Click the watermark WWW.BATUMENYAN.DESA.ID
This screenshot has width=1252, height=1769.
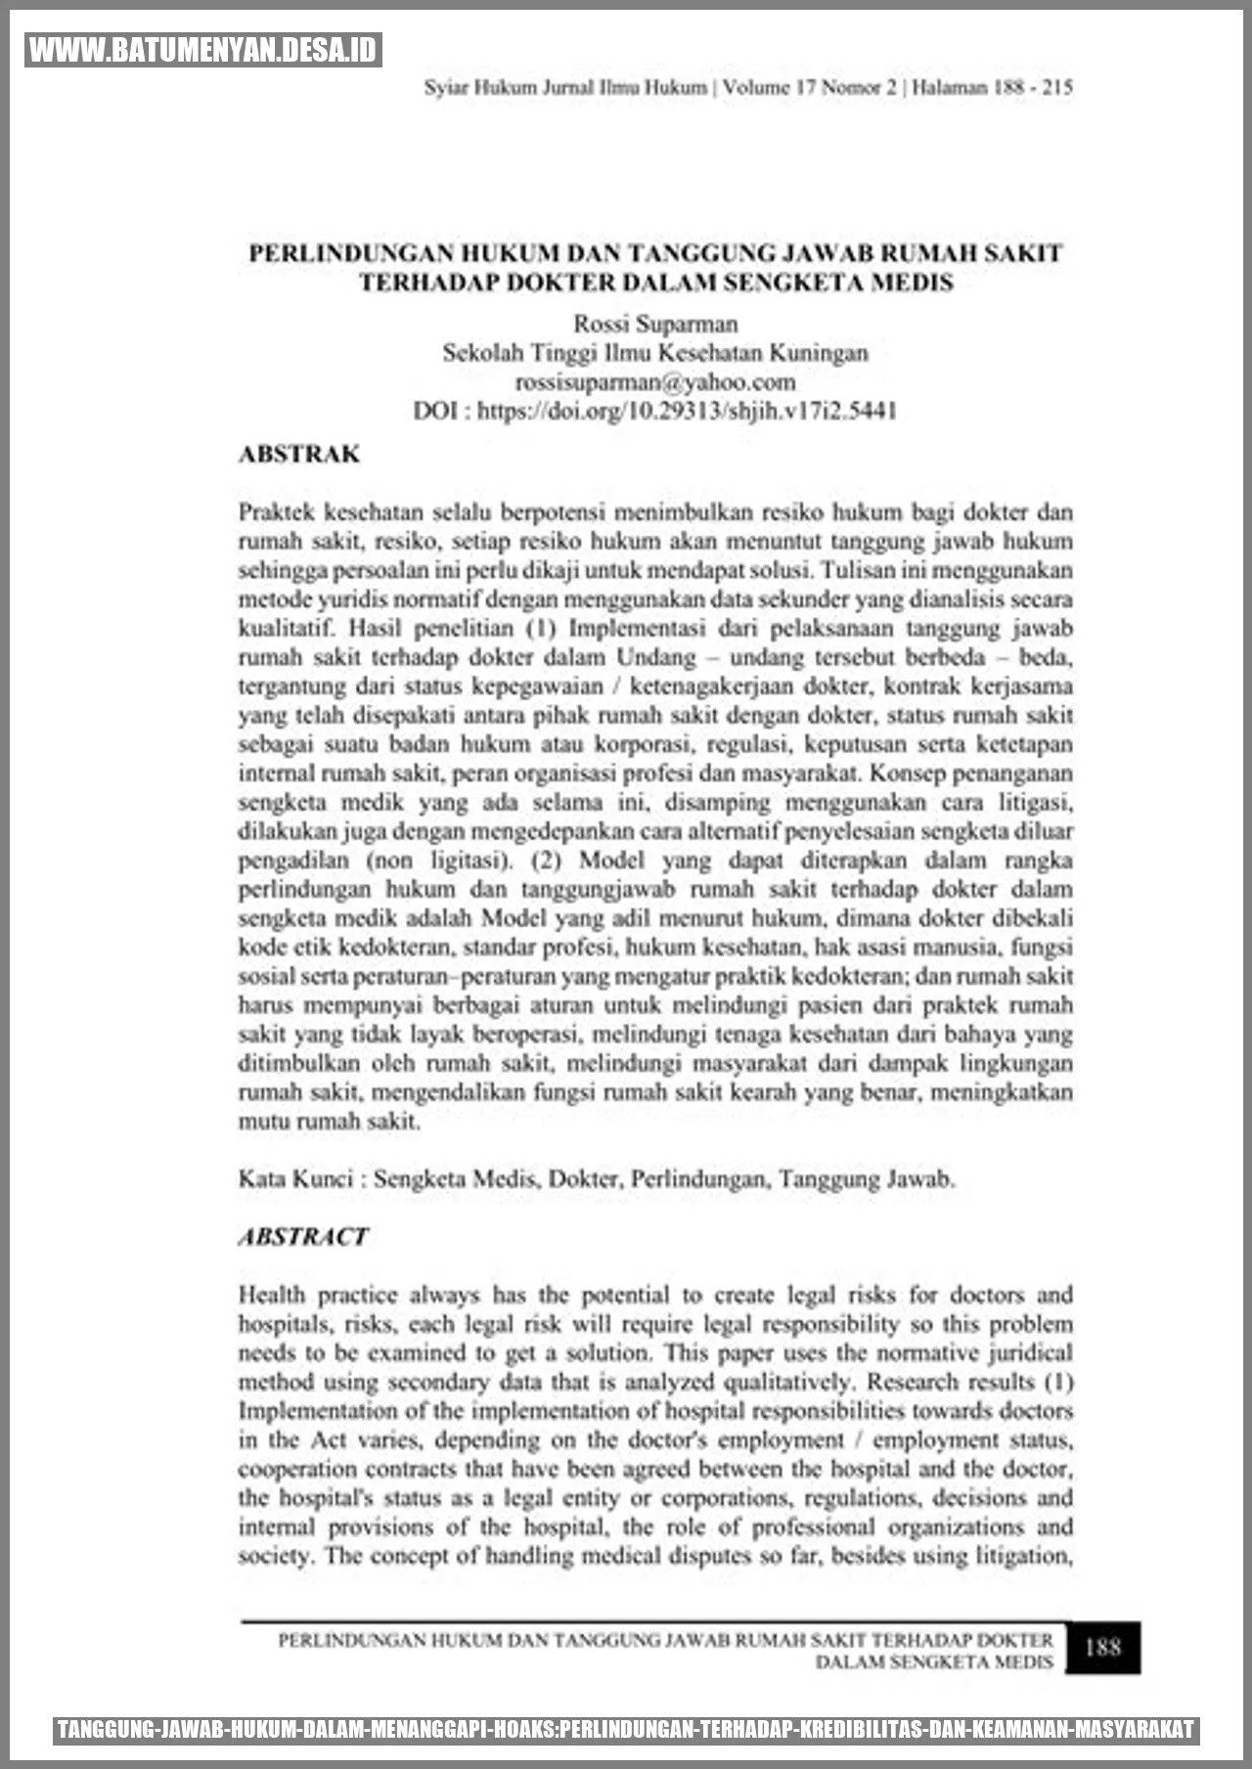click(x=202, y=50)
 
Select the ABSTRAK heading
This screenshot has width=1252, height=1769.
click(x=299, y=455)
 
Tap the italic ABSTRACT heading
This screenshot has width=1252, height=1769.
click(x=303, y=1237)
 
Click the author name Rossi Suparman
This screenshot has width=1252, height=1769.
click(x=655, y=324)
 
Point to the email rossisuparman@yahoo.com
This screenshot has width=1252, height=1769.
click(x=655, y=382)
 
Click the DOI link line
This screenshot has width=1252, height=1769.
click(x=655, y=411)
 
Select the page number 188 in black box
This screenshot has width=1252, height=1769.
click(x=1102, y=1647)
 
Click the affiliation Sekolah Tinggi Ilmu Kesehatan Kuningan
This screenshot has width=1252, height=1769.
click(x=655, y=353)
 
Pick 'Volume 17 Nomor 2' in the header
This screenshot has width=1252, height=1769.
click(x=809, y=87)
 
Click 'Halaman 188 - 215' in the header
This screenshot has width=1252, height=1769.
click(x=992, y=87)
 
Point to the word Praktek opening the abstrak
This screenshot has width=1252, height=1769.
click(x=277, y=512)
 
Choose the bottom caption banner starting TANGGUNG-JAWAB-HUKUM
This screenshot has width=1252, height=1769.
click(x=626, y=1730)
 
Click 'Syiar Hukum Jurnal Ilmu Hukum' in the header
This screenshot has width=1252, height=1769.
click(x=565, y=87)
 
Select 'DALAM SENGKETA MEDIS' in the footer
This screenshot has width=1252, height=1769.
click(x=934, y=1661)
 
